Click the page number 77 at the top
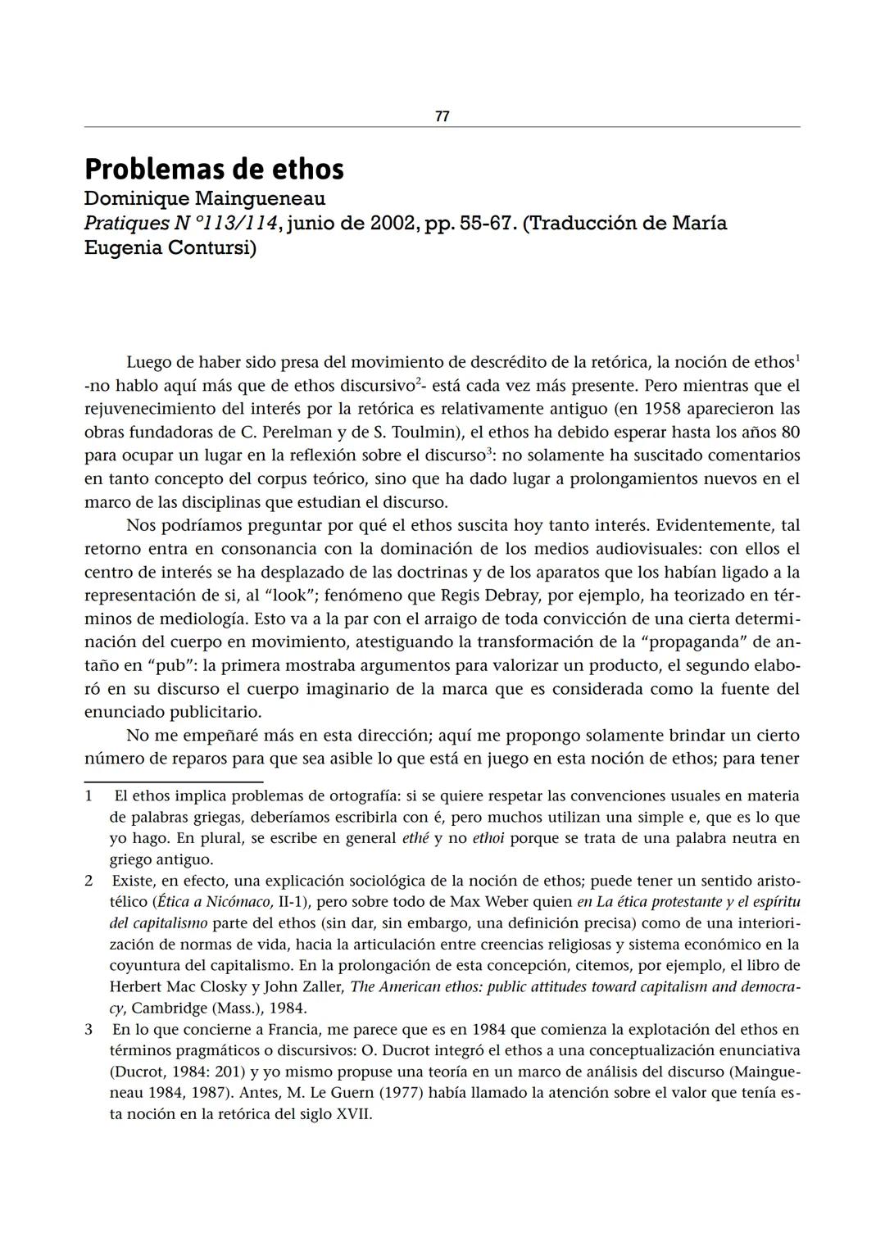[x=442, y=117]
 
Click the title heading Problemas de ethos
[x=214, y=170]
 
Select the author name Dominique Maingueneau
[x=205, y=199]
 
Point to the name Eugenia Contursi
[x=170, y=248]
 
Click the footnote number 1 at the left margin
[x=88, y=795]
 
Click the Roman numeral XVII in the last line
[x=353, y=1114]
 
